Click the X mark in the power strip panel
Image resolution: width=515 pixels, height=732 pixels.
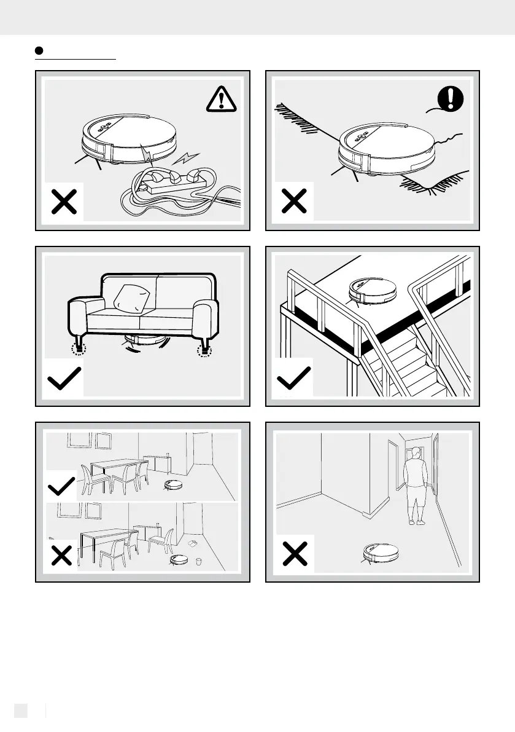click(x=63, y=203)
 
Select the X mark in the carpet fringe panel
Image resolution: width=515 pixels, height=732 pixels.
click(x=294, y=203)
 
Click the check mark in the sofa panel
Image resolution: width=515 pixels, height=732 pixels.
click(x=64, y=380)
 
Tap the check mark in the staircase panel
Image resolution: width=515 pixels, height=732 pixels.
click(x=295, y=379)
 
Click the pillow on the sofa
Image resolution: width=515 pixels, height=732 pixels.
click(x=132, y=299)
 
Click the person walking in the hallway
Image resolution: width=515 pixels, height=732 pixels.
click(x=416, y=486)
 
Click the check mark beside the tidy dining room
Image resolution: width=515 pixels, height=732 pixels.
click(x=61, y=489)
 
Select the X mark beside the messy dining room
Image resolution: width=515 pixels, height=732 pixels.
click(x=61, y=556)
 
